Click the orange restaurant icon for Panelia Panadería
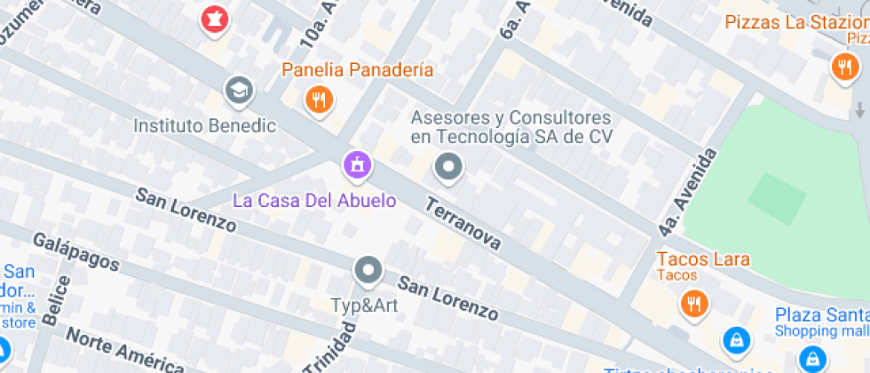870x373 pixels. [x=318, y=99]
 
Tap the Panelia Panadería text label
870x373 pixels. [x=358, y=69]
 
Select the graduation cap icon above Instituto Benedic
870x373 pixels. [x=238, y=91]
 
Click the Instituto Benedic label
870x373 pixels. [x=204, y=126]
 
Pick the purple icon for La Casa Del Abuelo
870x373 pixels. [x=357, y=163]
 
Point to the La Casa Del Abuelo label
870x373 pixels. [x=314, y=200]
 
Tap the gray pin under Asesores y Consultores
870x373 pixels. [x=448, y=166]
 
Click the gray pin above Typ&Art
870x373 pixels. [x=367, y=269]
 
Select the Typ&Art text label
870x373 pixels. [x=364, y=306]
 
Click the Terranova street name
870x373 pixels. [x=463, y=222]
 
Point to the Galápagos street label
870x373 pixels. [x=75, y=251]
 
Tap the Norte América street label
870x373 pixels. [x=124, y=351]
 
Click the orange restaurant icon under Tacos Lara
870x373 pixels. [x=693, y=304]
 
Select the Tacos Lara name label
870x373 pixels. [x=703, y=259]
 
